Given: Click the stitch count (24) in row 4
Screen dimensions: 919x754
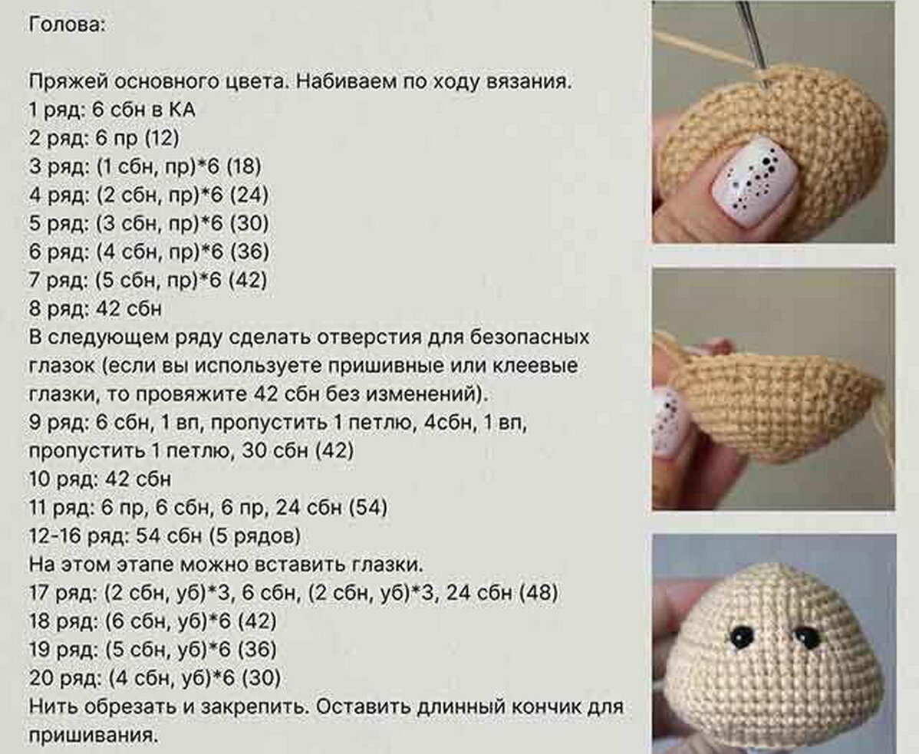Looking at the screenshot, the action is click(249, 195).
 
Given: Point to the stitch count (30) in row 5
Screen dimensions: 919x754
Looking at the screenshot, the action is click(249, 223).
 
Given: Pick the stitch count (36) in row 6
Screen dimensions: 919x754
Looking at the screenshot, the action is click(249, 252).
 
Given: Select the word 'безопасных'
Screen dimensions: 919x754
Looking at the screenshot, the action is click(530, 337).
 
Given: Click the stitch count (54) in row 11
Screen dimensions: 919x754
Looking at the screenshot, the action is click(369, 507).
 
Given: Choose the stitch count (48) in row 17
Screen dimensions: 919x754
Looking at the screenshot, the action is click(539, 593).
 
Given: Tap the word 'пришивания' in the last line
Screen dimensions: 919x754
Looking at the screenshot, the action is click(93, 736).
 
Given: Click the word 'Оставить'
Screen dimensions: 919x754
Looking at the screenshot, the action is click(361, 707).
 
